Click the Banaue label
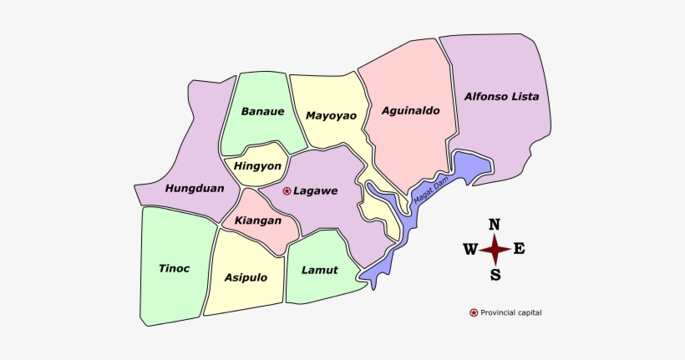[x=262, y=111]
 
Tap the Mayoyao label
[x=327, y=115]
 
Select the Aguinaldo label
[x=410, y=109]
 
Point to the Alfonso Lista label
[x=501, y=96]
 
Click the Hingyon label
[x=257, y=165]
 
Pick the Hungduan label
[x=195, y=188]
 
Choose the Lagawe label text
[x=315, y=191]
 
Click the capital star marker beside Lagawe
[x=287, y=191]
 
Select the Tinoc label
[x=174, y=268]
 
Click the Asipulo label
[x=246, y=277]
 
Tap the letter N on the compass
[x=495, y=224]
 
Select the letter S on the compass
[x=495, y=275]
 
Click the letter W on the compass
[x=469, y=249]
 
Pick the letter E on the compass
[x=519, y=248]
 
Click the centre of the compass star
[x=495, y=249]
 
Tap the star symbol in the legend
[x=474, y=312]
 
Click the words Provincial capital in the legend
[x=511, y=312]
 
